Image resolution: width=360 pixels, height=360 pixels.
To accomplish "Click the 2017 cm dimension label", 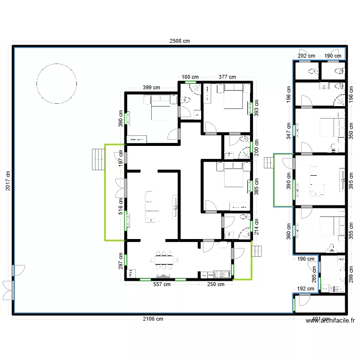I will pyautogui.click(x=8, y=181).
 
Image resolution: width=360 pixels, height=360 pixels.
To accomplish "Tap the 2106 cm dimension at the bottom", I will pyautogui.click(x=153, y=319).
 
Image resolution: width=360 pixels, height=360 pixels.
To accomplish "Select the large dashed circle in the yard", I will pyautogui.click(x=57, y=83).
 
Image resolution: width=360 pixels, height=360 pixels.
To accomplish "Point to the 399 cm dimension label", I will pyautogui.click(x=151, y=88).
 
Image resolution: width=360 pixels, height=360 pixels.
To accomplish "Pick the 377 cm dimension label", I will pyautogui.click(x=227, y=77).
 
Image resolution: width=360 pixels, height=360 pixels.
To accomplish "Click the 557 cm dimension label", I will pyautogui.click(x=162, y=284).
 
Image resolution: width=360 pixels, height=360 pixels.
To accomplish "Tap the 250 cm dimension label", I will pyautogui.click(x=216, y=284).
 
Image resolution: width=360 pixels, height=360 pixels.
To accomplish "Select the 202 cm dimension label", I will pyautogui.click(x=307, y=56).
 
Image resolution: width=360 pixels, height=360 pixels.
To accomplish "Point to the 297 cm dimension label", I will pyautogui.click(x=121, y=261).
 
